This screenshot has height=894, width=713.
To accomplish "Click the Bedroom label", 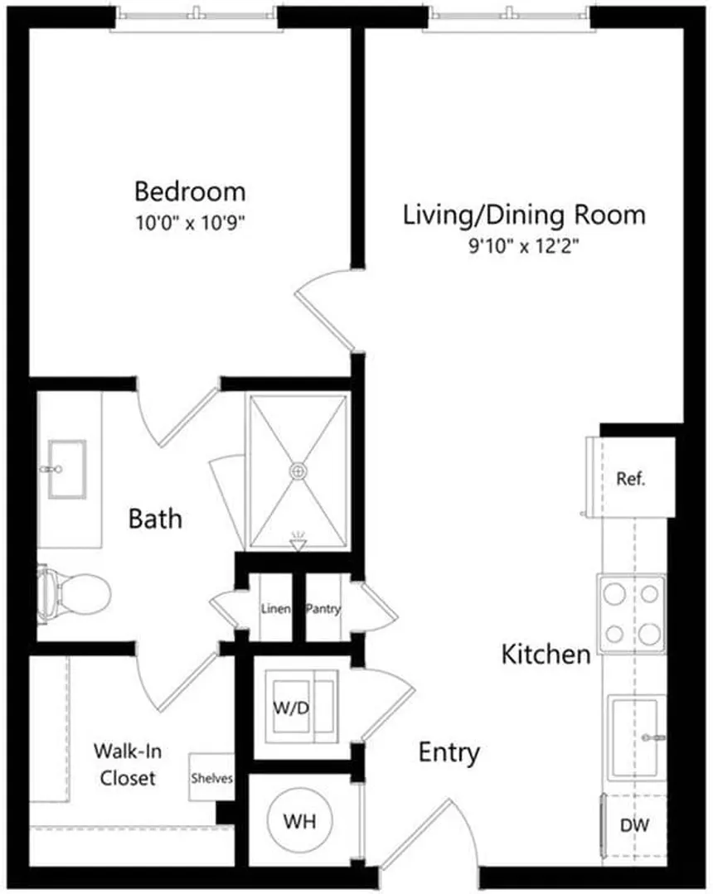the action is pos(190,191).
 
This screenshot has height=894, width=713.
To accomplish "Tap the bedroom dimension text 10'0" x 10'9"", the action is pos(190,222).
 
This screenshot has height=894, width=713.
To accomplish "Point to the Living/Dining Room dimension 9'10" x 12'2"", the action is pos(524,246).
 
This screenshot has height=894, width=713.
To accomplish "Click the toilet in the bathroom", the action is pos(73,593).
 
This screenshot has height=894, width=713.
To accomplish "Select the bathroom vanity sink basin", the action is pos(67,469).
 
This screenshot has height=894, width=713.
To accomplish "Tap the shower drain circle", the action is pos(298,471).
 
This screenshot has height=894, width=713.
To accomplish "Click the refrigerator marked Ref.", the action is pos(631,478).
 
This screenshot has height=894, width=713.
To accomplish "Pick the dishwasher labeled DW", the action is pos(633,825).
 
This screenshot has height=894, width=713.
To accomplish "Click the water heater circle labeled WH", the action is pos(299,821).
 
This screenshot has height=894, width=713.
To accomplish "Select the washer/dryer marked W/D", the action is pos(301,707).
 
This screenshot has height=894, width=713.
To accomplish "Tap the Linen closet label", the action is pos(275,609).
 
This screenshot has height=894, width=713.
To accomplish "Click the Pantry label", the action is pos(323,609).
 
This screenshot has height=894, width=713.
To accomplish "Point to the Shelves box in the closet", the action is pos(211,778).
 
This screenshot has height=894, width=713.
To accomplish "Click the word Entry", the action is pos(449,753).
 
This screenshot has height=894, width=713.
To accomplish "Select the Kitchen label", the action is pos(546,654).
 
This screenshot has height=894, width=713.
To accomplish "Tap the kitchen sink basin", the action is pos(635,737).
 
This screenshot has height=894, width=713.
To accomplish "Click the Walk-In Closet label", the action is pos(127,765).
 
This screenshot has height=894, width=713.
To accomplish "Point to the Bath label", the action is pos(155,519).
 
